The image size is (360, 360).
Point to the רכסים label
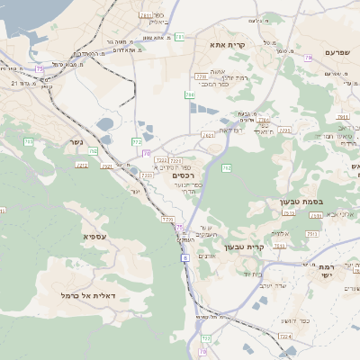click(183, 175)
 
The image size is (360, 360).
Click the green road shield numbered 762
click(226, 168)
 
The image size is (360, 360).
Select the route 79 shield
click(308, 58)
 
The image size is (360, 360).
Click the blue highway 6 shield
click(184, 257)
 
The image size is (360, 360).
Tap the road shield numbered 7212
click(83, 165)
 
